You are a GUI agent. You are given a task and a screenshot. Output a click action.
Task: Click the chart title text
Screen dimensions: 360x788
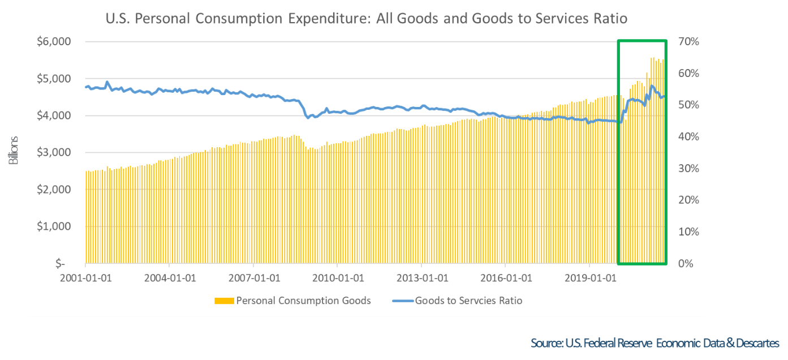[367, 19]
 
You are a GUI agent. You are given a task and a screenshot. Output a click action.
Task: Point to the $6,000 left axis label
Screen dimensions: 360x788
[54, 42]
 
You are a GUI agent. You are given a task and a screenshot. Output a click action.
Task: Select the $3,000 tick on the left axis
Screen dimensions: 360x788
[54, 153]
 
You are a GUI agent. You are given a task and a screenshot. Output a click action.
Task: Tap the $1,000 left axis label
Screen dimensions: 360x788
[54, 226]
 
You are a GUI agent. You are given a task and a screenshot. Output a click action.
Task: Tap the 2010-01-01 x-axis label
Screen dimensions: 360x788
[337, 278]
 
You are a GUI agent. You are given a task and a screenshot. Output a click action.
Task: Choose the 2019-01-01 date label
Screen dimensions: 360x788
[589, 278]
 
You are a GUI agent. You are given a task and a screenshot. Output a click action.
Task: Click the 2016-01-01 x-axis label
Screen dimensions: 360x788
[505, 278]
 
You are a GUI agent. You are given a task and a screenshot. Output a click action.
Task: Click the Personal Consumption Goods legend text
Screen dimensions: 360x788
[303, 301]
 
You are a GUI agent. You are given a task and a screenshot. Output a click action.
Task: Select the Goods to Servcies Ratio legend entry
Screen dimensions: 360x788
[468, 301]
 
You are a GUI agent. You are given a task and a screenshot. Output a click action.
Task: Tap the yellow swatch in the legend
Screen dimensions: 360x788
[223, 301]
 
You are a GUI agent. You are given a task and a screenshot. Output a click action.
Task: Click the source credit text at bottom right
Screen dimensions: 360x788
[655, 343]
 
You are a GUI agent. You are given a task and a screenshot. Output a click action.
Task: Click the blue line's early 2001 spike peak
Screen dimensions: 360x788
[107, 82]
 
